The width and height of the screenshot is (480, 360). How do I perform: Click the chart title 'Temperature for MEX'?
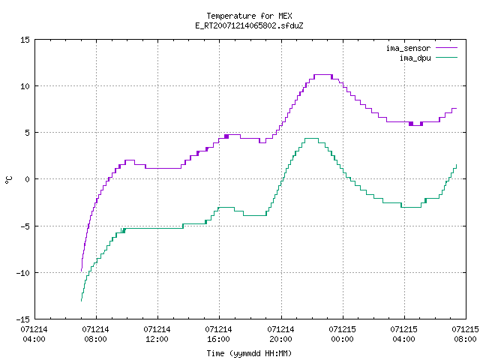pos(249,16)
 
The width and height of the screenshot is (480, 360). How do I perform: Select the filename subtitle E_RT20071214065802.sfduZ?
pos(249,25)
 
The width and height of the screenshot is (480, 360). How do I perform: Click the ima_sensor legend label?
pos(408,48)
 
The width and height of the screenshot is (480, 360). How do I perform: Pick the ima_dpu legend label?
pos(415,58)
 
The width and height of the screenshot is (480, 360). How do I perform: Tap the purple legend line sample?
pos(446,48)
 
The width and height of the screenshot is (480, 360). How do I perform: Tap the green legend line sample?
pos(446,57)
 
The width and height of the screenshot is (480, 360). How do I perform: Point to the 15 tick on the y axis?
pos(25,40)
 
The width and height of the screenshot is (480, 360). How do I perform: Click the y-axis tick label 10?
pos(25,86)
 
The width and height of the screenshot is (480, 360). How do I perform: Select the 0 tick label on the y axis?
pos(27,179)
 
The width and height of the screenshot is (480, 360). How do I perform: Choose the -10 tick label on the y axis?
pos(23,273)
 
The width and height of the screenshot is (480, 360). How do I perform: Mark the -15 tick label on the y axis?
pos(23,319)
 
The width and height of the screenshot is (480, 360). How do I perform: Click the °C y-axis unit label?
pos(8,180)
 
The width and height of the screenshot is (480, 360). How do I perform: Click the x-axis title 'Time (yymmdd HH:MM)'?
pos(249,353)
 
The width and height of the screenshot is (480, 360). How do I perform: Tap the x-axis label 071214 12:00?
pos(157,334)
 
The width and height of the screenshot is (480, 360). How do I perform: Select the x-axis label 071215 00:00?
pos(342,334)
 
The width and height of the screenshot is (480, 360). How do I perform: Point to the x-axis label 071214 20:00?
pos(280,334)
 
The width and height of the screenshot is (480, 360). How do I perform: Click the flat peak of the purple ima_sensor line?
pos(323,75)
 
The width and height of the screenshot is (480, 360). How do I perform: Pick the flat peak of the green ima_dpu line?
pos(312,138)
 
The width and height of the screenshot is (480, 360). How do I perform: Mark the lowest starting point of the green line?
pos(81,301)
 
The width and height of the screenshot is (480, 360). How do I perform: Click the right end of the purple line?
pos(457,108)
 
